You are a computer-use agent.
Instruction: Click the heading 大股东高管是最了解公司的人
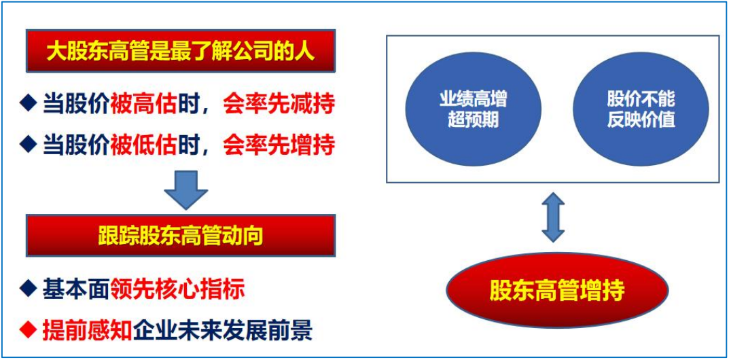click(181, 52)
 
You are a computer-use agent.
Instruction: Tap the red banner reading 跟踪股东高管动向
click(181, 235)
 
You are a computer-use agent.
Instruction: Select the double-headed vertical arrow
click(553, 217)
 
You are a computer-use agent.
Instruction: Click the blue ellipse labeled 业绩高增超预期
click(474, 109)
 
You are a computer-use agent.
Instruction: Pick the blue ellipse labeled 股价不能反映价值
click(641, 109)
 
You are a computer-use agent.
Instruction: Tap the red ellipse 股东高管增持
click(557, 290)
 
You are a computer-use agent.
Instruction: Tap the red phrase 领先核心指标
click(177, 290)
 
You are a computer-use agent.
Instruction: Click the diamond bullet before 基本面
click(29, 290)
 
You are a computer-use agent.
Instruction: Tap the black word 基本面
click(77, 290)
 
